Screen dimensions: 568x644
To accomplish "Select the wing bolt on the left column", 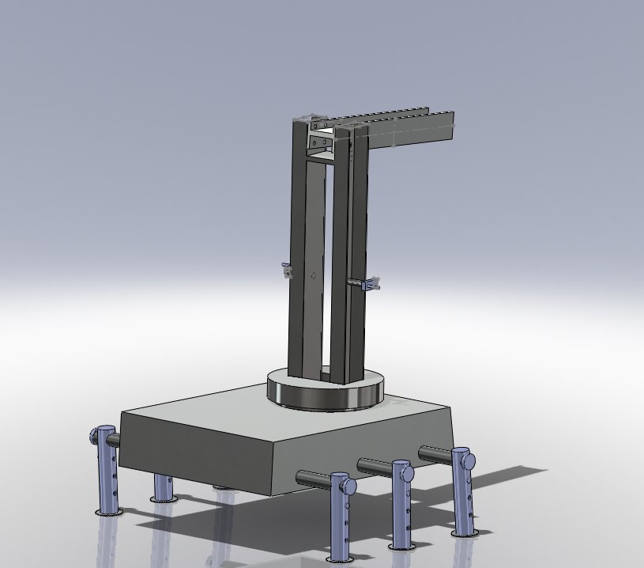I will click(x=287, y=271).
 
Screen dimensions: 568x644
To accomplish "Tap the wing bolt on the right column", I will click(x=369, y=283).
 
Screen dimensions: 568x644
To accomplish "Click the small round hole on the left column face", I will click(x=314, y=277).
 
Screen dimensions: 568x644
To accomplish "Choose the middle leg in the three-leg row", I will click(x=402, y=506).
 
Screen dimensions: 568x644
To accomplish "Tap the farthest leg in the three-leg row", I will click(x=463, y=494).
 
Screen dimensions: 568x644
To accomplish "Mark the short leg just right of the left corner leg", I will click(x=163, y=487).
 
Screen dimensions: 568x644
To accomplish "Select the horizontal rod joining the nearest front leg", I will click(x=313, y=477).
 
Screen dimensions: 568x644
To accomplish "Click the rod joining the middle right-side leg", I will click(x=376, y=464).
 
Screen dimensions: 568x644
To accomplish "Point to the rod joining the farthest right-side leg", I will click(x=435, y=453).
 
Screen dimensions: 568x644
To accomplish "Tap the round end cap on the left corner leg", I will click(x=99, y=434).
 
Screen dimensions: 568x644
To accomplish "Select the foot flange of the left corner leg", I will click(x=108, y=513).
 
